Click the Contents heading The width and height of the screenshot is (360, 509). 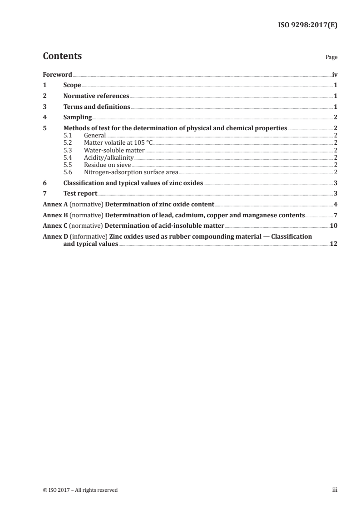(x=62, y=56)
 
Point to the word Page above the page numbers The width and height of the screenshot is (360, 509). (x=331, y=58)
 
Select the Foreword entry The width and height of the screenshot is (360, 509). (x=57, y=75)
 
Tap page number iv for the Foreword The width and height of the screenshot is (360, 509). (x=335, y=75)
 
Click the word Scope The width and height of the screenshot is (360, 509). (x=72, y=85)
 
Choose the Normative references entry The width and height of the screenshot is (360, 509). (x=96, y=96)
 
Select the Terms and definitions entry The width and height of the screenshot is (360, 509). (x=97, y=107)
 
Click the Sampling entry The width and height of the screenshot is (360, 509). (x=78, y=117)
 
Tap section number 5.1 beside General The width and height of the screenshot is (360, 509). (x=69, y=135)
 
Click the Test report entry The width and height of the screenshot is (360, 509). (x=80, y=194)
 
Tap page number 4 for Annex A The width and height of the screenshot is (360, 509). (x=335, y=205)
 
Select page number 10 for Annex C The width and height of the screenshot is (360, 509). (x=333, y=225)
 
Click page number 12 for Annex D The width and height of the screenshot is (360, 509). (x=333, y=244)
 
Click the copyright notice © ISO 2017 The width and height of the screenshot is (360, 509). (x=80, y=490)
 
